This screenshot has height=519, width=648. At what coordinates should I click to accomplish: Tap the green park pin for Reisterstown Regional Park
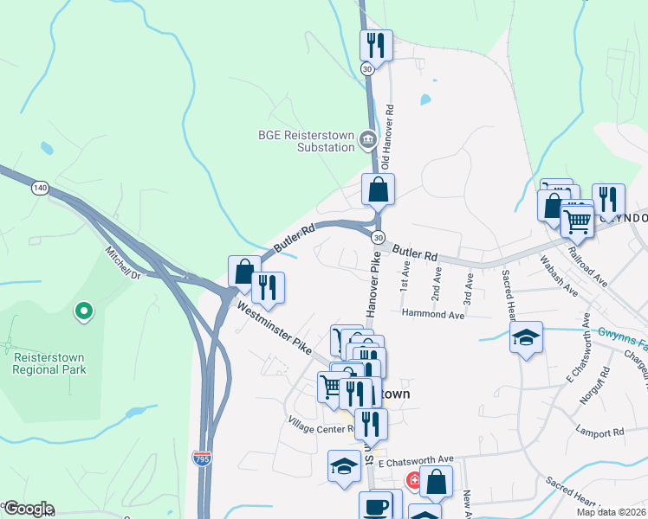tap(83, 310)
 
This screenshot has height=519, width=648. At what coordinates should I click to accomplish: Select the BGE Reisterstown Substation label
tap(307, 140)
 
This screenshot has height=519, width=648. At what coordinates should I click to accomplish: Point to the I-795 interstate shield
tap(202, 454)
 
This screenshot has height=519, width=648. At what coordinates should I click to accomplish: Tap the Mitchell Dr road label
tap(123, 264)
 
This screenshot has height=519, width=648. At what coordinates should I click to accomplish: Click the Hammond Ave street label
tap(433, 316)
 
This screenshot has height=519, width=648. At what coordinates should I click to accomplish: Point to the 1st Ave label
tap(405, 278)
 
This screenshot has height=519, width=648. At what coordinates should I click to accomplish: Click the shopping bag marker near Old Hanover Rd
tap(378, 189)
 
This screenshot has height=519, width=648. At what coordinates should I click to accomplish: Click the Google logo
tap(28, 509)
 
